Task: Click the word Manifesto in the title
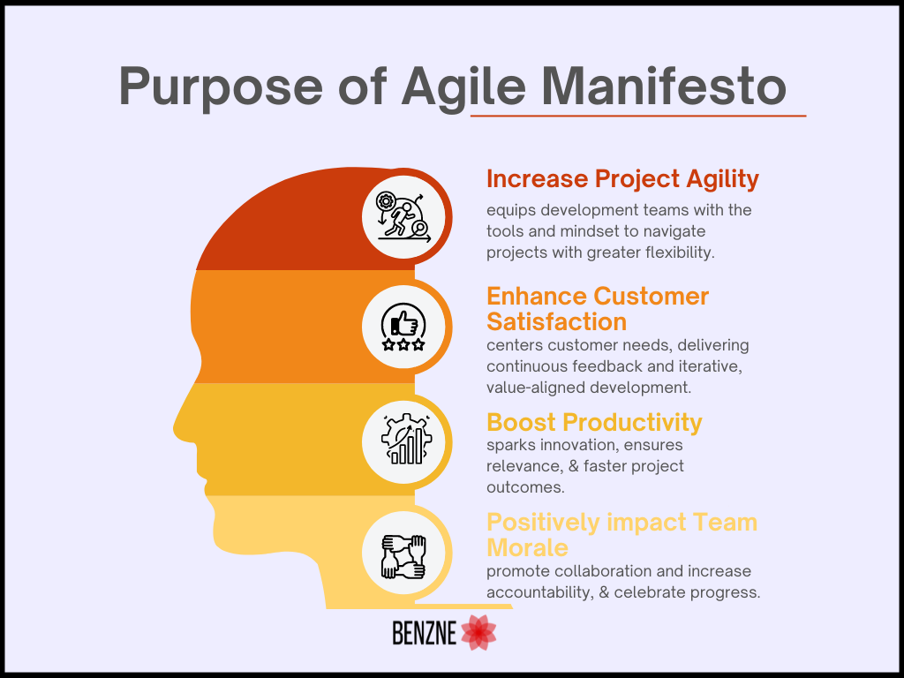click(x=664, y=86)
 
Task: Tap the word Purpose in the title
click(x=220, y=87)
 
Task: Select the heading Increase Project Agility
click(x=622, y=180)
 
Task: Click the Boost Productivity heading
click(x=594, y=423)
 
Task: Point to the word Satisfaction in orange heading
click(x=556, y=321)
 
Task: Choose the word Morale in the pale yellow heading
click(x=528, y=547)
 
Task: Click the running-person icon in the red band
click(x=403, y=217)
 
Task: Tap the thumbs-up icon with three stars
click(x=403, y=327)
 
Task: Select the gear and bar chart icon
click(x=406, y=439)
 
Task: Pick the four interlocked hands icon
click(x=403, y=556)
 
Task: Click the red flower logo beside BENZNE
click(x=478, y=632)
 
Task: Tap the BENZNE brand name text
click(x=425, y=633)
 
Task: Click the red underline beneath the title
click(x=638, y=116)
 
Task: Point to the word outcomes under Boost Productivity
click(x=525, y=487)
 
